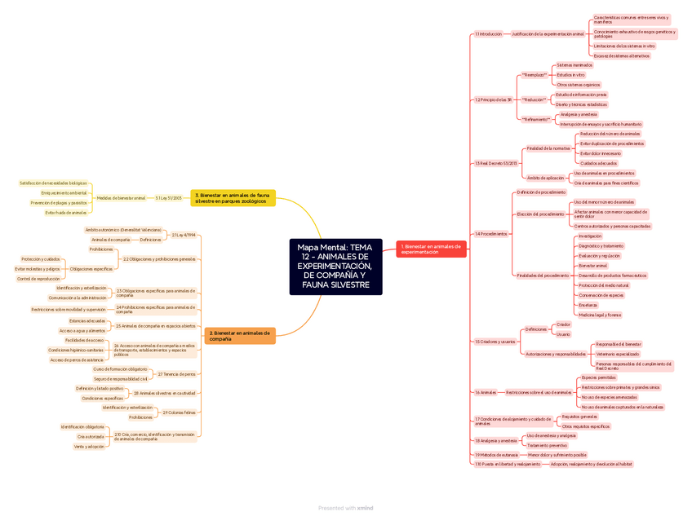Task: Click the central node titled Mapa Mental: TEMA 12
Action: (335, 267)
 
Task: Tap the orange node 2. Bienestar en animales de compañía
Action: (240, 335)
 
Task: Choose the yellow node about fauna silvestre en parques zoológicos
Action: (233, 197)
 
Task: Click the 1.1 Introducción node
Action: (489, 34)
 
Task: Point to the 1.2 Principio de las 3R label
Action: (493, 99)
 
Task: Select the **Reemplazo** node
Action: (535, 74)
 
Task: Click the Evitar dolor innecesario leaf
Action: (601, 153)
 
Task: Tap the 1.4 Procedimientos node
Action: (491, 234)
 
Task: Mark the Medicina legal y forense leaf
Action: (600, 315)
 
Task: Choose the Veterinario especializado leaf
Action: (618, 354)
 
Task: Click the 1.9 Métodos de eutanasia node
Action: (496, 455)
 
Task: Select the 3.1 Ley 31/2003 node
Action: (168, 197)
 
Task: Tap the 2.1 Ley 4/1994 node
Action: (184, 235)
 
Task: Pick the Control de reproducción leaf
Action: (38, 279)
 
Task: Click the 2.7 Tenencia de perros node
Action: (176, 374)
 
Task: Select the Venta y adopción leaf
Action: (89, 447)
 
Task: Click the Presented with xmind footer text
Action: (345, 508)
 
